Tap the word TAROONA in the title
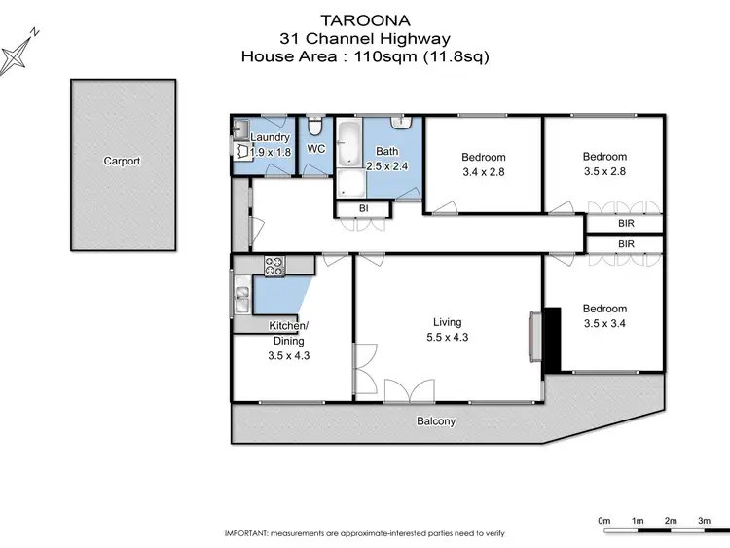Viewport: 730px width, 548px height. click(x=364, y=19)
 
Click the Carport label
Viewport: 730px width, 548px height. click(x=122, y=162)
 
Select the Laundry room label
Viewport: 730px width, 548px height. click(x=271, y=137)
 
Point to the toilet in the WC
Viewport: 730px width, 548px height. click(x=314, y=128)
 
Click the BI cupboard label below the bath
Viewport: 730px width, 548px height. click(x=363, y=209)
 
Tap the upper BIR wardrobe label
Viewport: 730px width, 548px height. click(x=626, y=223)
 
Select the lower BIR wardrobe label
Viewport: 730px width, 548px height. click(x=626, y=243)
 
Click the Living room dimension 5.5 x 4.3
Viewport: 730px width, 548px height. click(x=448, y=338)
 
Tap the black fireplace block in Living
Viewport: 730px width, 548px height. click(x=552, y=339)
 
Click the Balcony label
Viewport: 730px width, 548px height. click(x=435, y=422)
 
